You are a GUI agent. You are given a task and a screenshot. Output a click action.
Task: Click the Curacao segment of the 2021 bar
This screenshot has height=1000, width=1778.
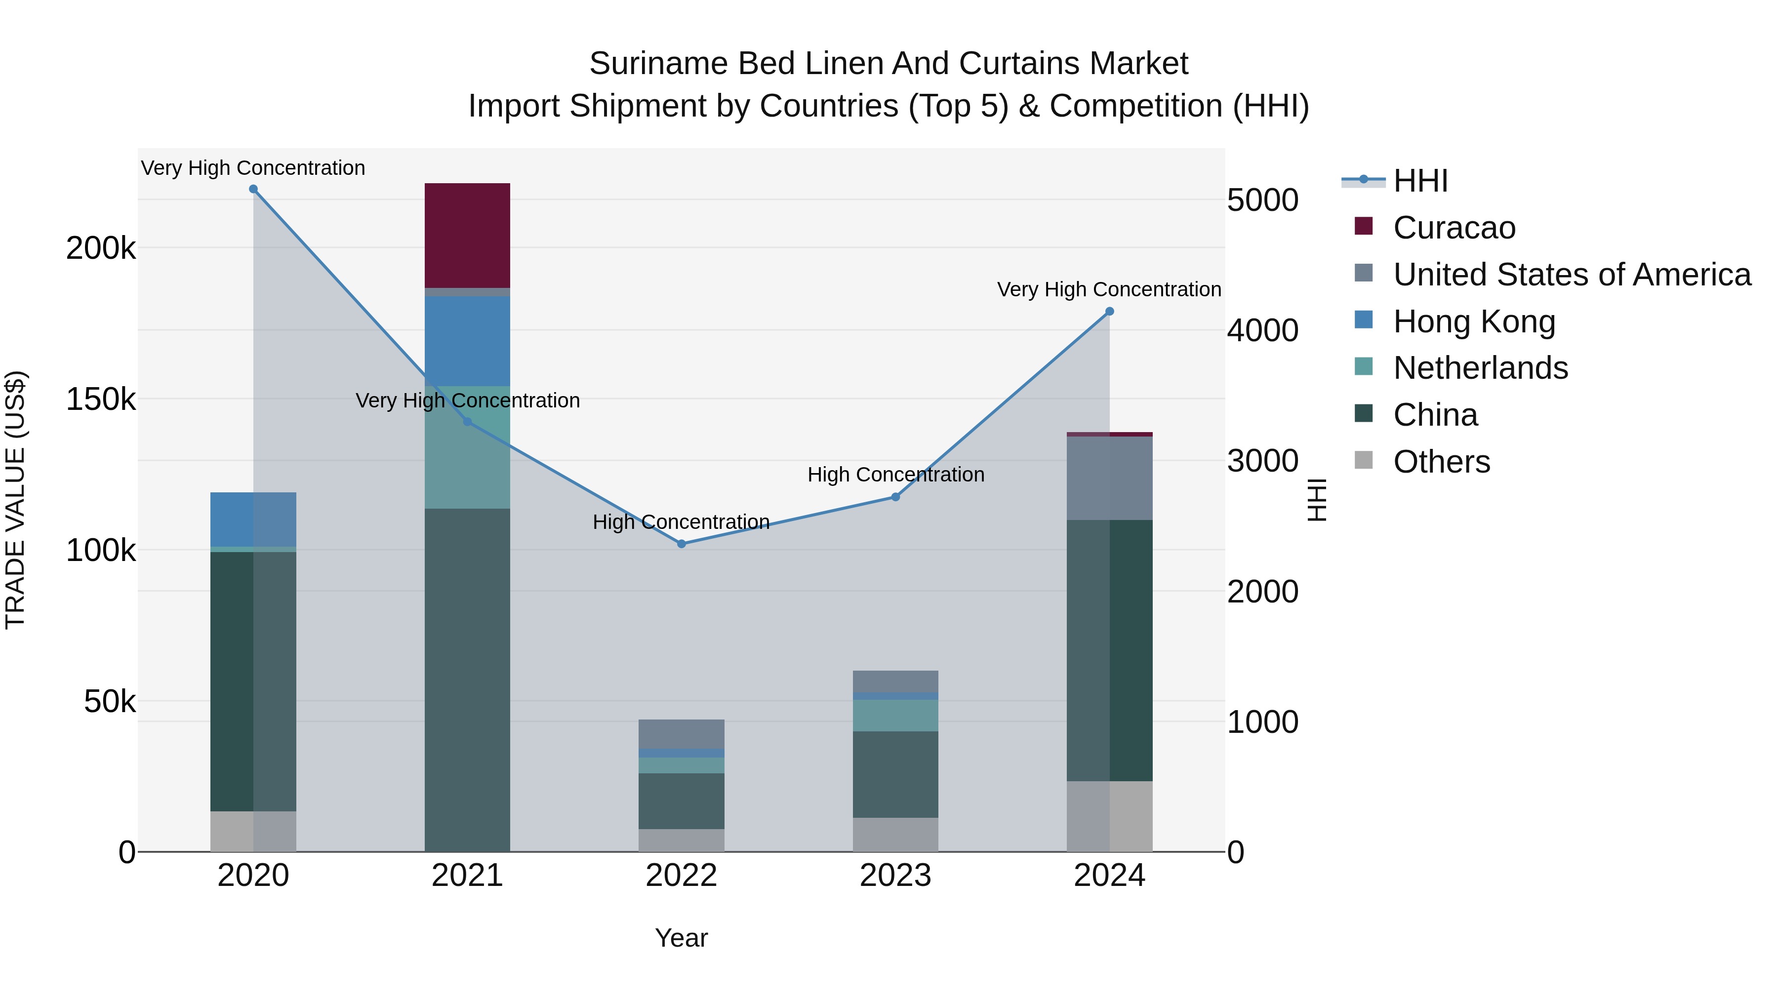click(467, 236)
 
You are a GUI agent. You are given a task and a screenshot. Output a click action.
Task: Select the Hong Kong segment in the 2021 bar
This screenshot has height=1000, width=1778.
click(467, 341)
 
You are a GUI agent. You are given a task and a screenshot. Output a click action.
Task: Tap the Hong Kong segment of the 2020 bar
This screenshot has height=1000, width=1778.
click(252, 519)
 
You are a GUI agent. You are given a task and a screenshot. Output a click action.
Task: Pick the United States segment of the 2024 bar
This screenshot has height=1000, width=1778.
click(1109, 478)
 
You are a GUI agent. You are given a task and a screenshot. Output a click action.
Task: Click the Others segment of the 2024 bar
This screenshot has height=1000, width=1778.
click(1109, 816)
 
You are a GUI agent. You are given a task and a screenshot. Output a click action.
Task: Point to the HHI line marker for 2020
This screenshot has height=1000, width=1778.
click(253, 189)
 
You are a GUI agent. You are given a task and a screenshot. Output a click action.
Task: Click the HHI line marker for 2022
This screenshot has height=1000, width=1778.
click(681, 544)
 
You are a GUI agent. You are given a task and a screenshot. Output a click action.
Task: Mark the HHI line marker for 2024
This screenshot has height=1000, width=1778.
click(1109, 311)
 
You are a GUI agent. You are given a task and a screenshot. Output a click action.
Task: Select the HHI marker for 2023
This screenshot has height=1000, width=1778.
click(895, 497)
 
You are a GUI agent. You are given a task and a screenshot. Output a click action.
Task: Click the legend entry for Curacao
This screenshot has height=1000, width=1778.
click(1454, 228)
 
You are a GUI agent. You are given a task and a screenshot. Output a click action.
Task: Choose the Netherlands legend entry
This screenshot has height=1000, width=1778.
click(1480, 368)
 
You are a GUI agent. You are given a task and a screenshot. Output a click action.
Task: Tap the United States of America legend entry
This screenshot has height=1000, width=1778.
click(1571, 275)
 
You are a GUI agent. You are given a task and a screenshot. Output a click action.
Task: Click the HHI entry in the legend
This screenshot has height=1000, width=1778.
click(1420, 181)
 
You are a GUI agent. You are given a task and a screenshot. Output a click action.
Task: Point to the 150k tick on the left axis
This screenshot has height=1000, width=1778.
click(101, 399)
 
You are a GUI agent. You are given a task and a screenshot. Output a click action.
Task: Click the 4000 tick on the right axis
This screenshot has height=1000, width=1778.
click(1262, 330)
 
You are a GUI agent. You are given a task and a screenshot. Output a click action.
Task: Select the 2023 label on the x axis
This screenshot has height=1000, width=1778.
click(895, 876)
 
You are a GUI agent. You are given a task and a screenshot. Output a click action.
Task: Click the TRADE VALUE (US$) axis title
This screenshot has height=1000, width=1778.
click(15, 500)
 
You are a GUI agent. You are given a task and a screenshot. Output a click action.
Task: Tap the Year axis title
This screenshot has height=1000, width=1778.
click(681, 938)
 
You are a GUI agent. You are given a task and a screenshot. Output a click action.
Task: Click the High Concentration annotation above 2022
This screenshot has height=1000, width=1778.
click(681, 522)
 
